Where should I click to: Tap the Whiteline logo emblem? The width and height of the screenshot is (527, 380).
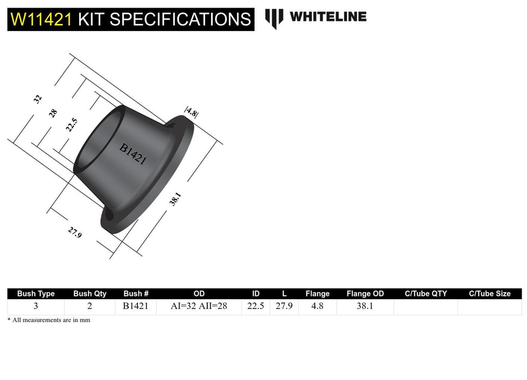pyautogui.click(x=274, y=18)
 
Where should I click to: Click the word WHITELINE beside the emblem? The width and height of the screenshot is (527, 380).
pyautogui.click(x=328, y=16)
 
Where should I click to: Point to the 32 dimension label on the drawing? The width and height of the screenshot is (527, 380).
pyautogui.click(x=37, y=99)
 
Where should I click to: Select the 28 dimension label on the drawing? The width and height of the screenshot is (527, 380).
pyautogui.click(x=53, y=113)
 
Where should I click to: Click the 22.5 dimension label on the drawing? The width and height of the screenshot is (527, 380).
pyautogui.click(x=70, y=125)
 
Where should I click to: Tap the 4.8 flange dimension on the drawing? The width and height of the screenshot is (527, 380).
pyautogui.click(x=191, y=112)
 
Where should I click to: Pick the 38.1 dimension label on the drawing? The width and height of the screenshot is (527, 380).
pyautogui.click(x=174, y=199)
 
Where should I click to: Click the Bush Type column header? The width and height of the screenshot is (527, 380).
pyautogui.click(x=36, y=294)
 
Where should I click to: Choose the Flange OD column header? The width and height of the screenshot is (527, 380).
pyautogui.click(x=365, y=294)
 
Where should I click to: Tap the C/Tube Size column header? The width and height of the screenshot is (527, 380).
pyautogui.click(x=490, y=294)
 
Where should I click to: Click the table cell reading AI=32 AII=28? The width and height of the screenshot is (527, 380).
pyautogui.click(x=199, y=306)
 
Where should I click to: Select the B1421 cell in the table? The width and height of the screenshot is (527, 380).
pyautogui.click(x=136, y=306)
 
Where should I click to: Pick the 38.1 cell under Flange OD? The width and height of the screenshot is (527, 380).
pyautogui.click(x=365, y=306)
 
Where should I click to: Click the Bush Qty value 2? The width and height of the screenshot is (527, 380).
pyautogui.click(x=90, y=306)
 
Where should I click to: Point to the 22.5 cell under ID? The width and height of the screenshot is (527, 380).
pyautogui.click(x=255, y=306)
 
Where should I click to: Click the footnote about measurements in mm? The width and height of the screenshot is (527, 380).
pyautogui.click(x=49, y=320)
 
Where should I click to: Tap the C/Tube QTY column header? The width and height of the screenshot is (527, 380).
pyautogui.click(x=426, y=294)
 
